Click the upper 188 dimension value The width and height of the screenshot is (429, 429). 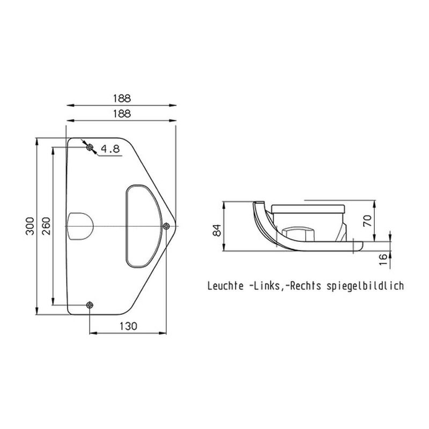[x=122, y=98]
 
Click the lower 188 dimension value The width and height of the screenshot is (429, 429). [x=122, y=114]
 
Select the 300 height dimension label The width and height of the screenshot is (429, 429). [x=30, y=226]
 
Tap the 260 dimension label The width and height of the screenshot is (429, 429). [x=46, y=226]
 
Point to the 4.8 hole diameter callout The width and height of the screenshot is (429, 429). [x=110, y=149]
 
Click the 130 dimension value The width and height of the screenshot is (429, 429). [x=128, y=326]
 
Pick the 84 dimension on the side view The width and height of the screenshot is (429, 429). [x=217, y=230]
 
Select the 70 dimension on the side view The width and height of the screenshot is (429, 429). [x=367, y=220]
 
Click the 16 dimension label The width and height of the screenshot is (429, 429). [x=383, y=259]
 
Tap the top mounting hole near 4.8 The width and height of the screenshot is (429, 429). [x=90, y=148]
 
